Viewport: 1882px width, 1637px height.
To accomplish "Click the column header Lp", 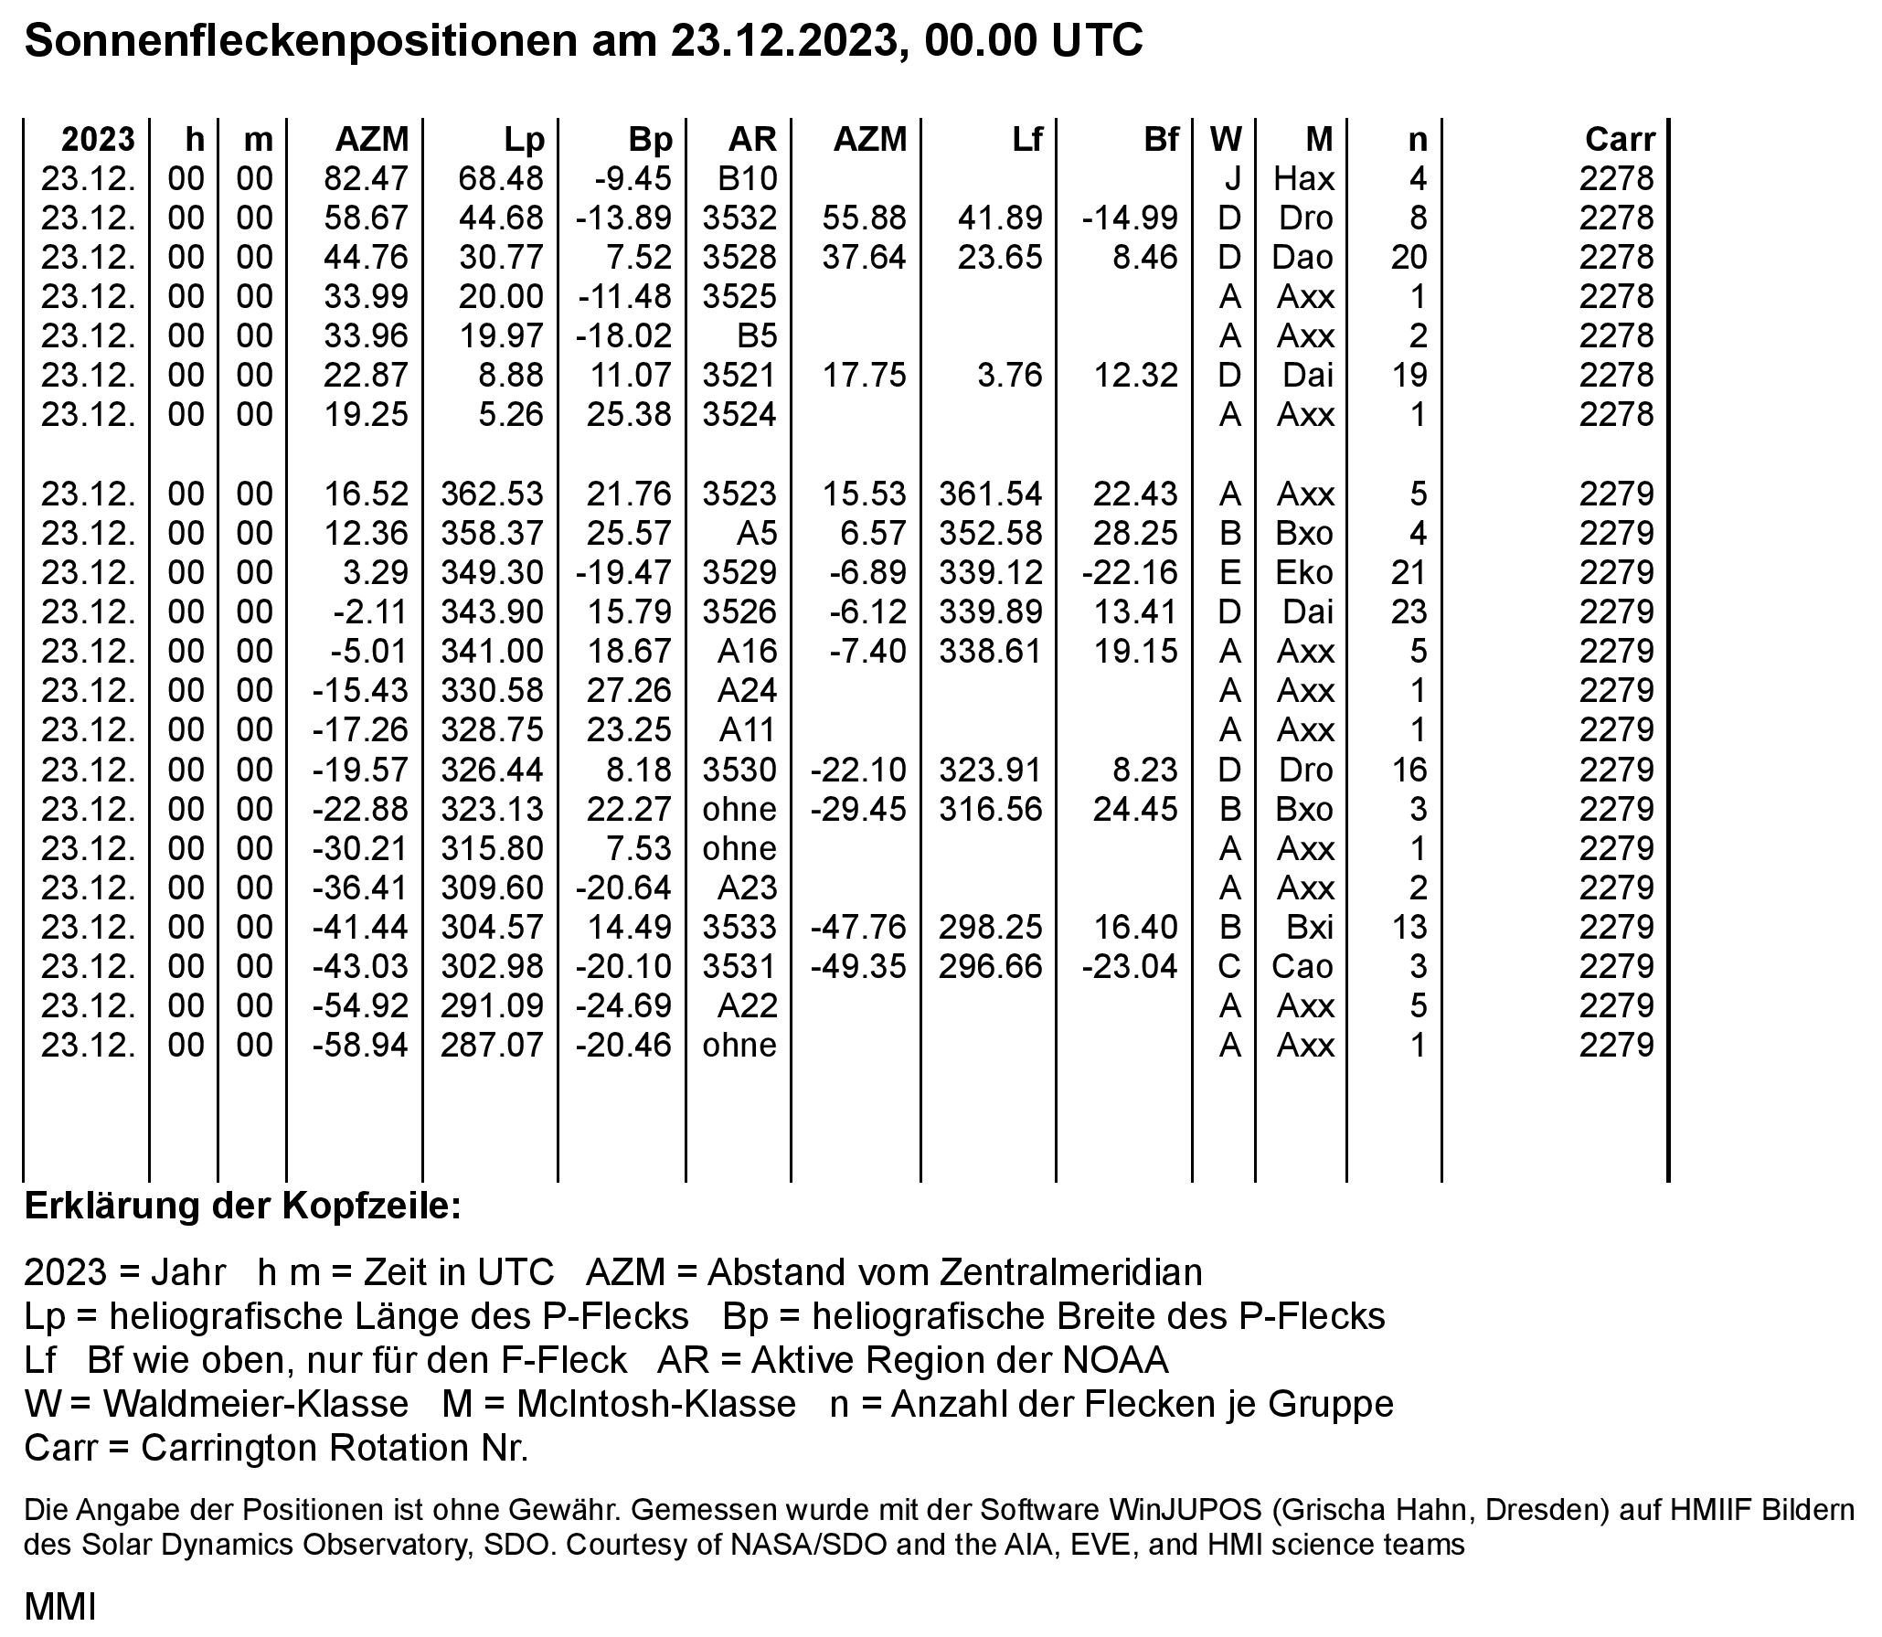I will pyautogui.click(x=524, y=139).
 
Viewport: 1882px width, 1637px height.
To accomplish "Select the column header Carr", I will pyautogui.click(x=1620, y=139).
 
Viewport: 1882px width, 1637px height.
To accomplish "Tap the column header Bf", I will pyautogui.click(x=1161, y=139).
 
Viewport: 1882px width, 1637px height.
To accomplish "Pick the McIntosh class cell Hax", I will pyautogui.click(x=1303, y=178).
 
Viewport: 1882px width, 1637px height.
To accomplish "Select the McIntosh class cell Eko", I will pyautogui.click(x=1303, y=573).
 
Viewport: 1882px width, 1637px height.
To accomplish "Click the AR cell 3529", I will pyautogui.click(x=739, y=573).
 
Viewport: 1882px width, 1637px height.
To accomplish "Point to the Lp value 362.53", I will pyautogui.click(x=492, y=494).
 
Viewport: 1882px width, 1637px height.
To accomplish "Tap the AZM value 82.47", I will pyautogui.click(x=366, y=178).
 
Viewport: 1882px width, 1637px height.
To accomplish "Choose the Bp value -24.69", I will pyautogui.click(x=624, y=1006).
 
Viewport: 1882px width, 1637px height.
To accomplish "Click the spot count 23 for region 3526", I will pyautogui.click(x=1409, y=612).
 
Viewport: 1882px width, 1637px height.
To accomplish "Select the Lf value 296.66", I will pyautogui.click(x=991, y=967).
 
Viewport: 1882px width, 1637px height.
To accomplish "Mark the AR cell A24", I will pyautogui.click(x=747, y=691).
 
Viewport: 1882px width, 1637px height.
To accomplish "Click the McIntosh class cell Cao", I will pyautogui.click(x=1303, y=967).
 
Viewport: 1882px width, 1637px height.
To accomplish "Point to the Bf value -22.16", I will pyautogui.click(x=1130, y=573).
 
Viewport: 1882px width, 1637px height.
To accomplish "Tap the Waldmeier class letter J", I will pyautogui.click(x=1232, y=178).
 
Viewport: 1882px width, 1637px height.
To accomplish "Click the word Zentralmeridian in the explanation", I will pyautogui.click(x=1045, y=1272).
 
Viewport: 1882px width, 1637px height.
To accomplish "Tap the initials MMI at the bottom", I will pyautogui.click(x=59, y=1606).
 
